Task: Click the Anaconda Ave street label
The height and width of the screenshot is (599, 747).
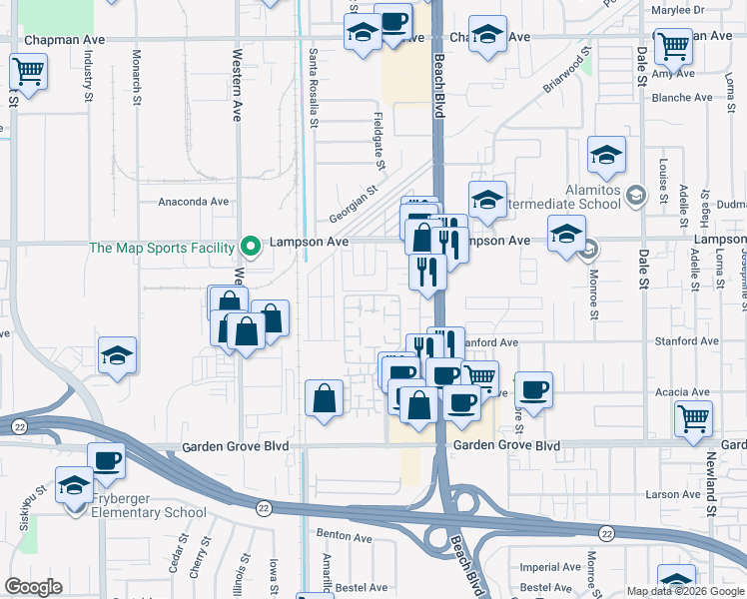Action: click(194, 202)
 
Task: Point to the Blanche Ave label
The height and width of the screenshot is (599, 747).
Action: click(681, 98)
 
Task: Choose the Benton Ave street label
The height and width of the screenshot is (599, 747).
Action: click(345, 535)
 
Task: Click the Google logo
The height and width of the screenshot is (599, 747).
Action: click(34, 586)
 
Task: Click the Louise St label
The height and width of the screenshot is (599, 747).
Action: click(663, 179)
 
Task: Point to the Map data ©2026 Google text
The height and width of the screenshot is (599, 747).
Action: click(684, 591)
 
